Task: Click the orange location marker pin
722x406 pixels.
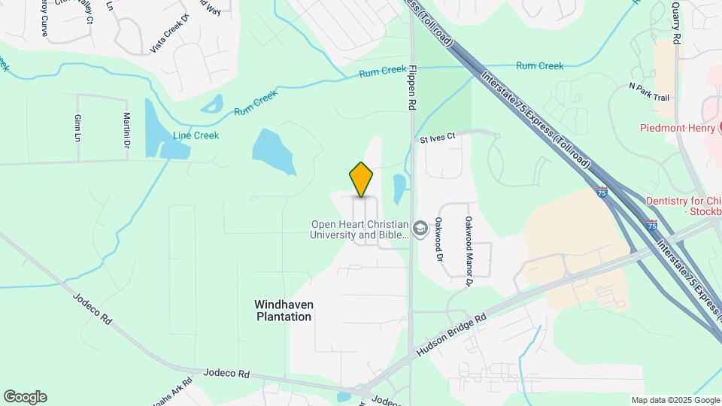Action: pyautogui.click(x=362, y=179)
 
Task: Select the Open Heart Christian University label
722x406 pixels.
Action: pyautogui.click(x=360, y=230)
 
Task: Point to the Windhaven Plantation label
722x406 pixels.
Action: pyautogui.click(x=283, y=311)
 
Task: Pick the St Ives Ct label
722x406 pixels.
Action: pyautogui.click(x=438, y=138)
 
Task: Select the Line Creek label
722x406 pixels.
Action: pyautogui.click(x=196, y=136)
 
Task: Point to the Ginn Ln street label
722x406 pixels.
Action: pyautogui.click(x=77, y=128)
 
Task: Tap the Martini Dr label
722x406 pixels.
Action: pyautogui.click(x=126, y=129)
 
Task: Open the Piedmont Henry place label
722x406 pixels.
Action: pyautogui.click(x=675, y=128)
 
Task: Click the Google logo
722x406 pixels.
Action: pyautogui.click(x=25, y=397)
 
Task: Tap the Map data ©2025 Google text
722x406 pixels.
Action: pyautogui.click(x=675, y=400)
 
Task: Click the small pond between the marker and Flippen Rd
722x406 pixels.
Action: pyautogui.click(x=399, y=189)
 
